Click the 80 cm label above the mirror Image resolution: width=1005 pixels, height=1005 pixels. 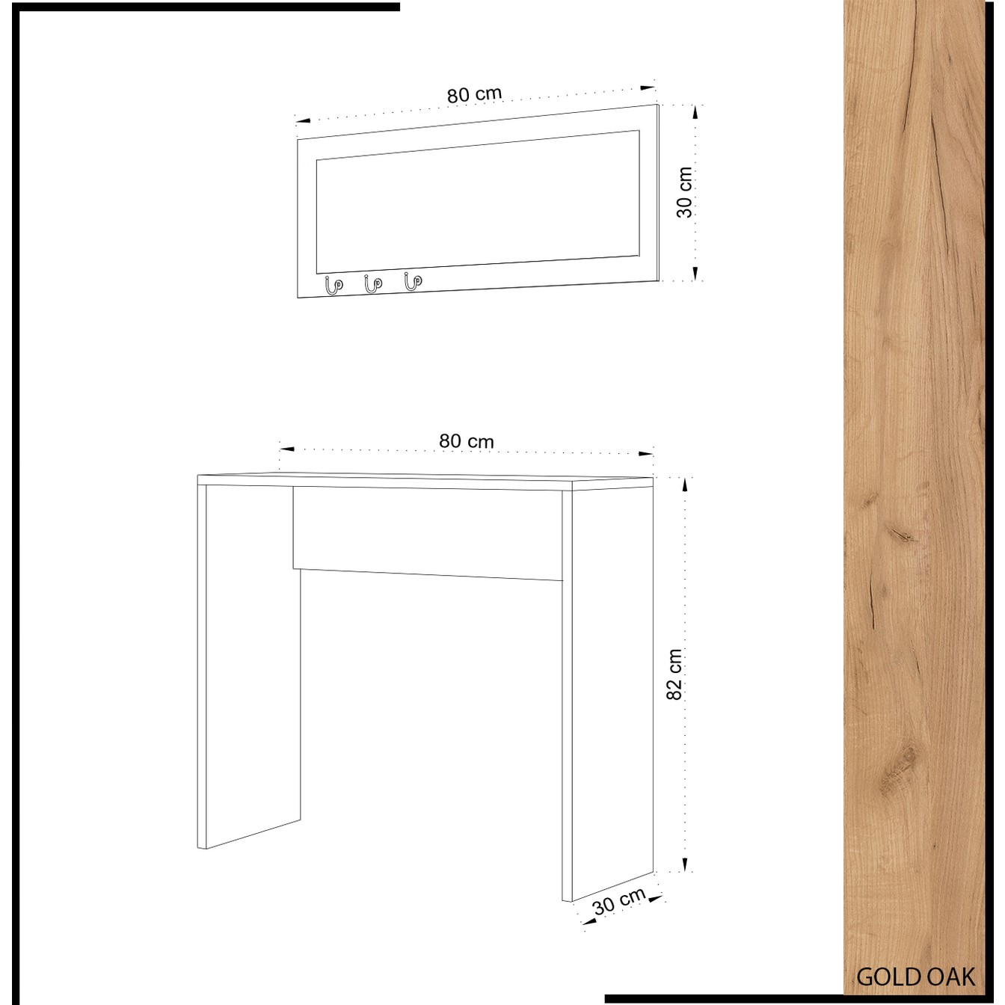474,94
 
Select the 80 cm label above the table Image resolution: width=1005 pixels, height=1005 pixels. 467,441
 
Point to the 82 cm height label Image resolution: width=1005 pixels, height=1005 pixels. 674,674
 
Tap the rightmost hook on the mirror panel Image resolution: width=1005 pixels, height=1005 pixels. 413,282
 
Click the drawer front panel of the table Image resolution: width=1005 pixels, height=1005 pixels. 428,533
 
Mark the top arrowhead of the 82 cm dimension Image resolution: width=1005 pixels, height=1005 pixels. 685,485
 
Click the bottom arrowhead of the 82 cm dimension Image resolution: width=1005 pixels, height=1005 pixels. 685,864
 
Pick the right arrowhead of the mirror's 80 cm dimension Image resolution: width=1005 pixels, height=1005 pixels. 648,89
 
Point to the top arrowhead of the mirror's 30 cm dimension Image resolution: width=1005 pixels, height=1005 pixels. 695,113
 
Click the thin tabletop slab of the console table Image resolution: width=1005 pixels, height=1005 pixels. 425,482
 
